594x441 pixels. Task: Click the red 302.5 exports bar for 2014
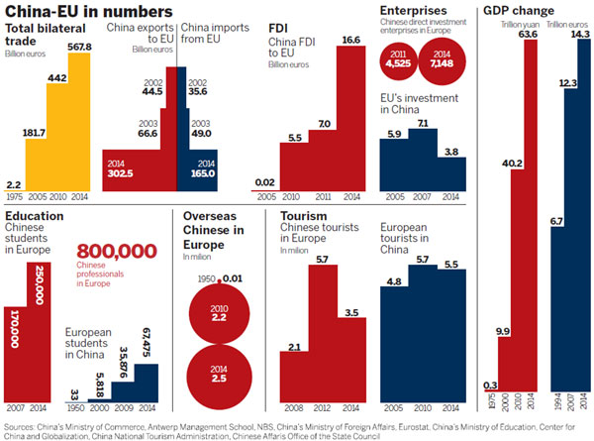pos(139,169)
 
